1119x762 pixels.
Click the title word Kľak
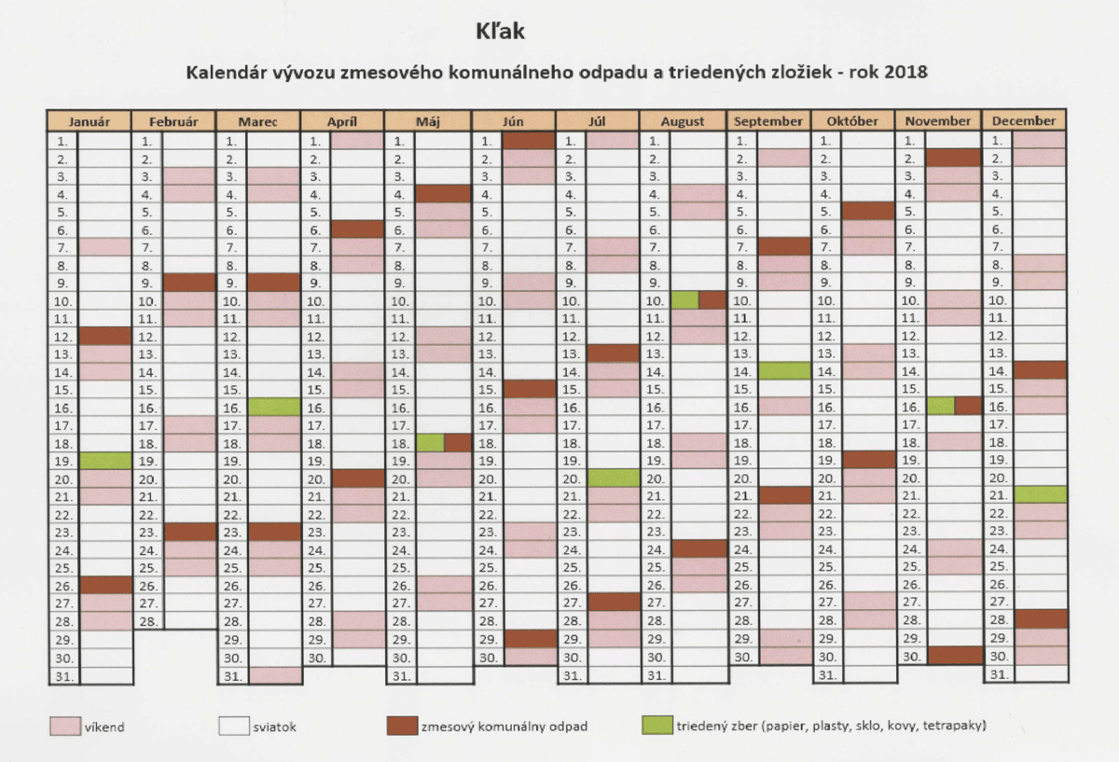tap(500, 32)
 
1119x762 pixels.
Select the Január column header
tap(90, 121)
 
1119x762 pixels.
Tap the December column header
tap(1024, 121)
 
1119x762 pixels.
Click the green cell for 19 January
tap(105, 461)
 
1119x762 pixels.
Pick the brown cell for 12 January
tap(105, 337)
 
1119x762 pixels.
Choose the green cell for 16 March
tap(274, 408)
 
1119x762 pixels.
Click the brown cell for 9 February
tap(189, 283)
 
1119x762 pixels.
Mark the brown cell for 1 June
tap(529, 141)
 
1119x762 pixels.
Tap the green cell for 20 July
tap(614, 478)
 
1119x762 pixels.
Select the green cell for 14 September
tap(784, 371)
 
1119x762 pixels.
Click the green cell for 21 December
tap(1041, 494)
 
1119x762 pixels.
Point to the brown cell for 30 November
tap(955, 655)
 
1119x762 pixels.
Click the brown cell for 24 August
tap(699, 548)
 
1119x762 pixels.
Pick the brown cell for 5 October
tap(868, 211)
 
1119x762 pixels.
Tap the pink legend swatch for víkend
tap(65, 726)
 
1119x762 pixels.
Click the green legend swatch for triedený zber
tap(656, 725)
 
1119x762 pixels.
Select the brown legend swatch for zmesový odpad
tap(402, 726)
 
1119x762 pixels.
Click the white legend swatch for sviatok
tap(234, 726)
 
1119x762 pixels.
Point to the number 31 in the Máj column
tap(401, 676)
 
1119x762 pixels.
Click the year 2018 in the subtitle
tap(905, 72)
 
